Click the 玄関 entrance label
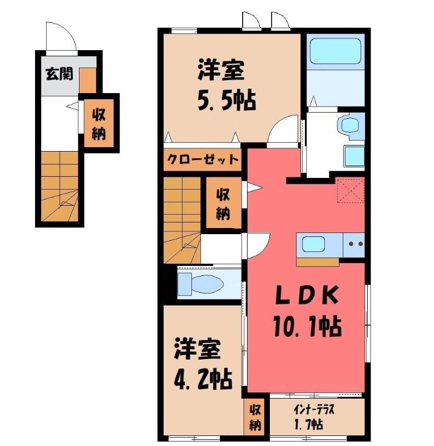[60, 74]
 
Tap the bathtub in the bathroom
[335, 51]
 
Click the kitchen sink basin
[313, 244]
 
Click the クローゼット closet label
[203, 159]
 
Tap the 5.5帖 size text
[226, 101]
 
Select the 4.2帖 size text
[203, 379]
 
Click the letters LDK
[307, 295]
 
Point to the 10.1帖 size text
[307, 327]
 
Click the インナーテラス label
[314, 410]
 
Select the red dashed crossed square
[351, 190]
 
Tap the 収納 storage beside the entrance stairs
[99, 123]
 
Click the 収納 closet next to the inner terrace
[255, 418]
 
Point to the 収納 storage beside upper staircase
[224, 203]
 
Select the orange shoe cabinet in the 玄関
[87, 80]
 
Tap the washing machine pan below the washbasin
[354, 156]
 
